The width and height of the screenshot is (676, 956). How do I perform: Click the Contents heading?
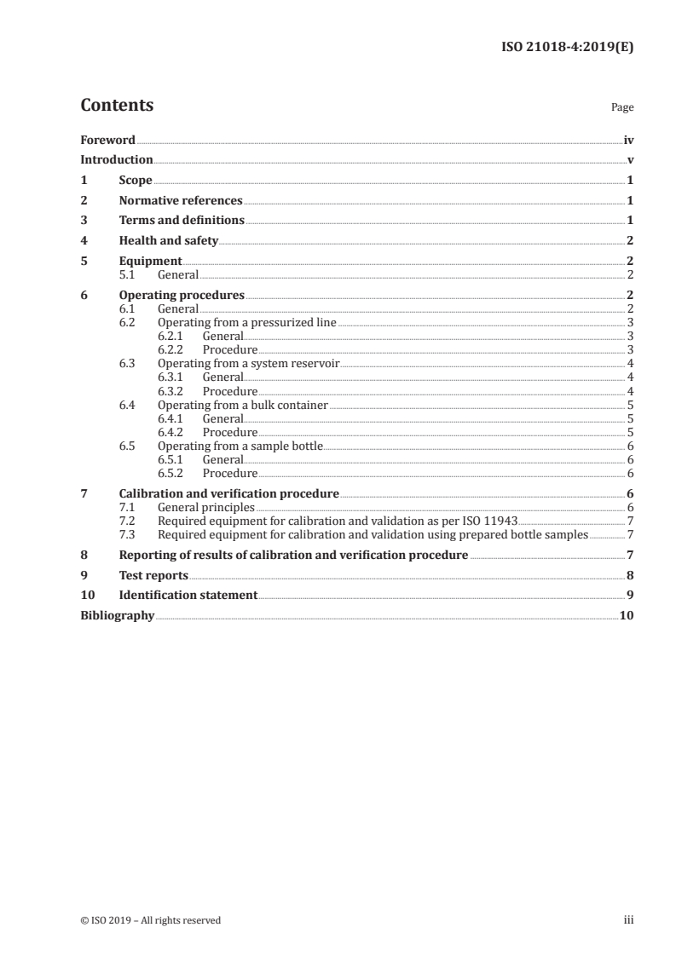coord(117,106)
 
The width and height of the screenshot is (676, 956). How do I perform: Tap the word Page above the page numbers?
coord(622,108)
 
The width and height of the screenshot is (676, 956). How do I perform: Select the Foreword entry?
coord(107,140)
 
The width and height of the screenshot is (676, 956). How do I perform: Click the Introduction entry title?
coord(117,159)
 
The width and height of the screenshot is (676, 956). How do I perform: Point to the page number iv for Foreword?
coord(628,140)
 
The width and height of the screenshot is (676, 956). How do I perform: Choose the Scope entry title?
coord(136,181)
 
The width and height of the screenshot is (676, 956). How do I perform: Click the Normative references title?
coord(181,201)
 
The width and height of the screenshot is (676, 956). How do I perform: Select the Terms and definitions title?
coord(182,221)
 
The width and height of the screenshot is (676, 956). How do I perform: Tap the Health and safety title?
coord(169,241)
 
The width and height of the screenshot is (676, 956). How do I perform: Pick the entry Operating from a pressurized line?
coord(247,323)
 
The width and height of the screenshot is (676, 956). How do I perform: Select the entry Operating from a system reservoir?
coord(248,364)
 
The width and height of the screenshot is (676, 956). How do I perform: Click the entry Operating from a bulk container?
coord(243,405)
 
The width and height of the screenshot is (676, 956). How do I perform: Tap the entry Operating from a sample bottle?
coord(240,446)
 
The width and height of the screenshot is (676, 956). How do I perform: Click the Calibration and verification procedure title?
coord(229,493)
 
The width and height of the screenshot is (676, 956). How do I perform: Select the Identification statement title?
coord(188,595)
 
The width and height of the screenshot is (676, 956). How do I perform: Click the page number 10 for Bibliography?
coord(627,615)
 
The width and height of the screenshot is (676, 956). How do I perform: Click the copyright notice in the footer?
coord(151,920)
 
